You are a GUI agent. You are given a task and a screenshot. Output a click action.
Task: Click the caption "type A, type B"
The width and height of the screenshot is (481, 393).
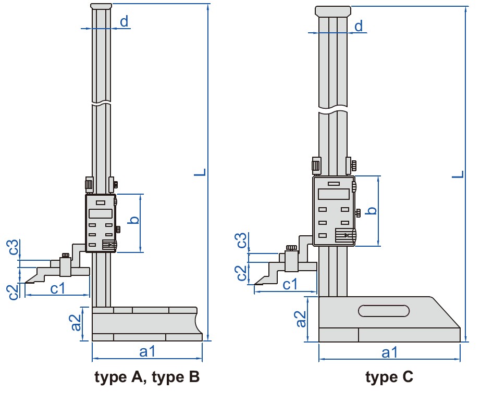(x=147, y=376)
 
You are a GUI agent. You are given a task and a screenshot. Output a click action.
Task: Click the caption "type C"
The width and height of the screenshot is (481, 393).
(x=389, y=376)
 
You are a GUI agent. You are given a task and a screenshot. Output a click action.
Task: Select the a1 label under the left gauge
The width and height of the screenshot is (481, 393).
(x=147, y=352)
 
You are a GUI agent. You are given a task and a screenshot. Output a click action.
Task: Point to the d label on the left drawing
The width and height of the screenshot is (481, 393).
(x=124, y=21)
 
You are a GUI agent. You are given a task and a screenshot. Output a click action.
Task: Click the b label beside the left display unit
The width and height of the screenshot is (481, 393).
(x=134, y=220)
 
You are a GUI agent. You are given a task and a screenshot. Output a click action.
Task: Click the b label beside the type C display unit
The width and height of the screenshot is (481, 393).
(x=371, y=210)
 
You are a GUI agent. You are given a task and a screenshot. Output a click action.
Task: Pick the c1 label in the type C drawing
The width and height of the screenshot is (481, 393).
(x=290, y=284)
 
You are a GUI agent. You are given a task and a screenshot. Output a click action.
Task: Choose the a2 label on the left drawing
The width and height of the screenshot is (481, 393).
(x=76, y=323)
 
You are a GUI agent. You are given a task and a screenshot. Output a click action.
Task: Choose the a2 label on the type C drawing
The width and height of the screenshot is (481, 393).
(x=301, y=319)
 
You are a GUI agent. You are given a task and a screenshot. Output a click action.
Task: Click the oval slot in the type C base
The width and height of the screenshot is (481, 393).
(x=384, y=311)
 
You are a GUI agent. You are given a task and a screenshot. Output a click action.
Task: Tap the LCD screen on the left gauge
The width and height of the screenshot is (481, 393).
(x=101, y=213)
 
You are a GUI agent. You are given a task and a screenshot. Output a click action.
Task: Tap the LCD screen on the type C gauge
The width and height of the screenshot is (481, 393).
(x=333, y=194)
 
